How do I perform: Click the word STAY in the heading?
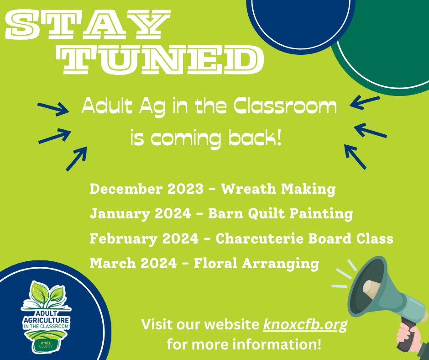click(88, 24)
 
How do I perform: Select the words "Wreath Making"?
click(278, 189)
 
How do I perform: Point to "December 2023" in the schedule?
click(146, 189)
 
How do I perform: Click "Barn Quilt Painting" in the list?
click(280, 214)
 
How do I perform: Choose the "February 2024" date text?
click(144, 238)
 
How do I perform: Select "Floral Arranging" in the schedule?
click(256, 264)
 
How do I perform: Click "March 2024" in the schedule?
click(133, 263)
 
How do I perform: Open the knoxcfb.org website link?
click(305, 325)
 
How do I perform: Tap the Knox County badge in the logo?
click(46, 344)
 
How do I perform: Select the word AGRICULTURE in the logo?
click(46, 320)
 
